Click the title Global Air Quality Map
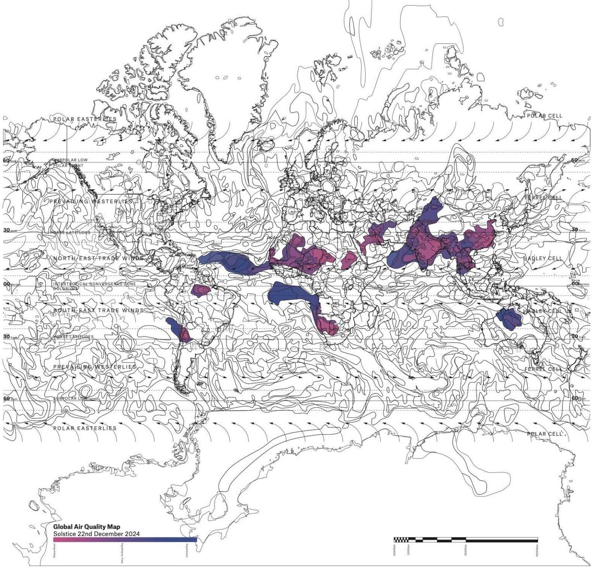click(86, 527)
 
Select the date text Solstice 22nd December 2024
click(96, 534)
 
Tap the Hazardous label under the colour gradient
click(55, 551)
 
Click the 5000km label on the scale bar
click(466, 550)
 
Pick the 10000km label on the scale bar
click(537, 550)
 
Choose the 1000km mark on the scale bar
click(408, 550)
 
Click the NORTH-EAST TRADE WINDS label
click(98, 258)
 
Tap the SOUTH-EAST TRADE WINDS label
click(98, 310)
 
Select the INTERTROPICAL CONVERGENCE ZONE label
click(95, 284)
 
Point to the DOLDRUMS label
click(64, 289)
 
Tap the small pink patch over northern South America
click(201, 290)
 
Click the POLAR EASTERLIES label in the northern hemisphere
click(85, 119)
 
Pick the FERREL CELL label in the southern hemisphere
click(543, 369)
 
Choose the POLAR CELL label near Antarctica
click(544, 434)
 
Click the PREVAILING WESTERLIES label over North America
click(91, 202)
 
